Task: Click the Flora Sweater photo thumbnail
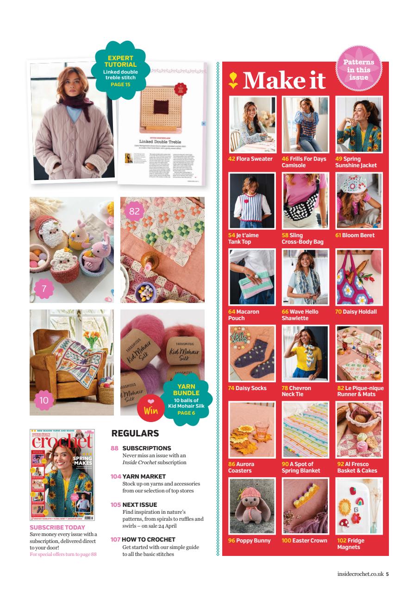[252, 125]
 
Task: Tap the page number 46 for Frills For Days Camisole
[285, 159]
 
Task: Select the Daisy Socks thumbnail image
[252, 353]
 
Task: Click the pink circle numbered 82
[135, 211]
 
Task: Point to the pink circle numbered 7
[44, 289]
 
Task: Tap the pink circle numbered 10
[44, 401]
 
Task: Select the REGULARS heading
[135, 434]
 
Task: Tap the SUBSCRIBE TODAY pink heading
[57, 527]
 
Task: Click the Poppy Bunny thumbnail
[252, 506]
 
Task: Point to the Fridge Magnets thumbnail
[359, 506]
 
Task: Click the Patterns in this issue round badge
[359, 70]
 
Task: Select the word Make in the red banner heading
[269, 80]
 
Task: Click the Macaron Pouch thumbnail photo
[252, 277]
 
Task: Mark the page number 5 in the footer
[388, 574]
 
